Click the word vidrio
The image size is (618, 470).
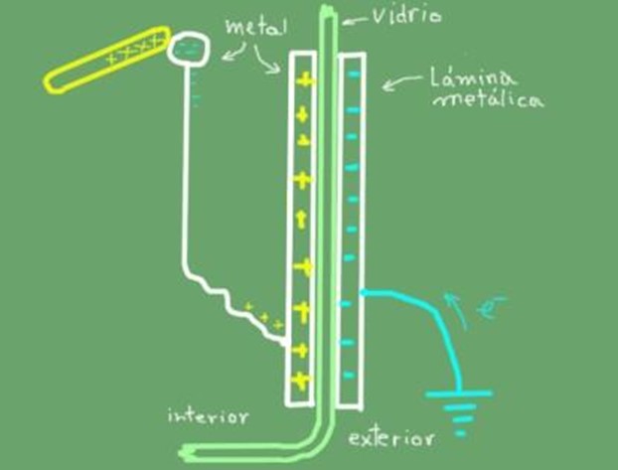[x=406, y=16]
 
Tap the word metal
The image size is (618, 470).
[x=256, y=27]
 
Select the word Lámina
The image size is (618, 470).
[x=471, y=78]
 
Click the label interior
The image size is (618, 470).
[x=209, y=416]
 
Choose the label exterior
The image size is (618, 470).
[x=391, y=438]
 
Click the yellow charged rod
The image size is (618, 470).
[x=107, y=60]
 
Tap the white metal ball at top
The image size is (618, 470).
[x=188, y=48]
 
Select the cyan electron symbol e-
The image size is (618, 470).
[x=490, y=307]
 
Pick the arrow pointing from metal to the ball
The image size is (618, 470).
[x=234, y=53]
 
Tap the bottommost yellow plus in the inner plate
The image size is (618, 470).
[x=300, y=381]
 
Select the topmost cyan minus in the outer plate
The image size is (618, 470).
[x=355, y=74]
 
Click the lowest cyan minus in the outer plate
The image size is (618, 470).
[x=349, y=375]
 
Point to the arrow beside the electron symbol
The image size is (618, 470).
[x=456, y=311]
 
